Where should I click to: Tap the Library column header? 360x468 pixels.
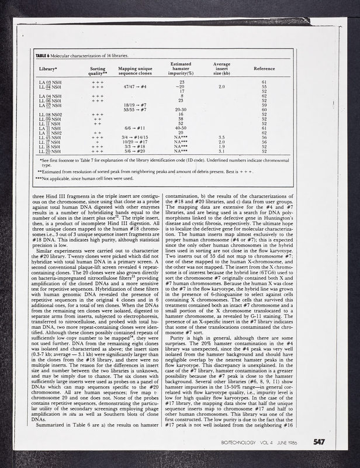pos(48,68)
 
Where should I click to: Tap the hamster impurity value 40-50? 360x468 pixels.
pos(182,128)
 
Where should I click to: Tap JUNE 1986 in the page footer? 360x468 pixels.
pos(288,443)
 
